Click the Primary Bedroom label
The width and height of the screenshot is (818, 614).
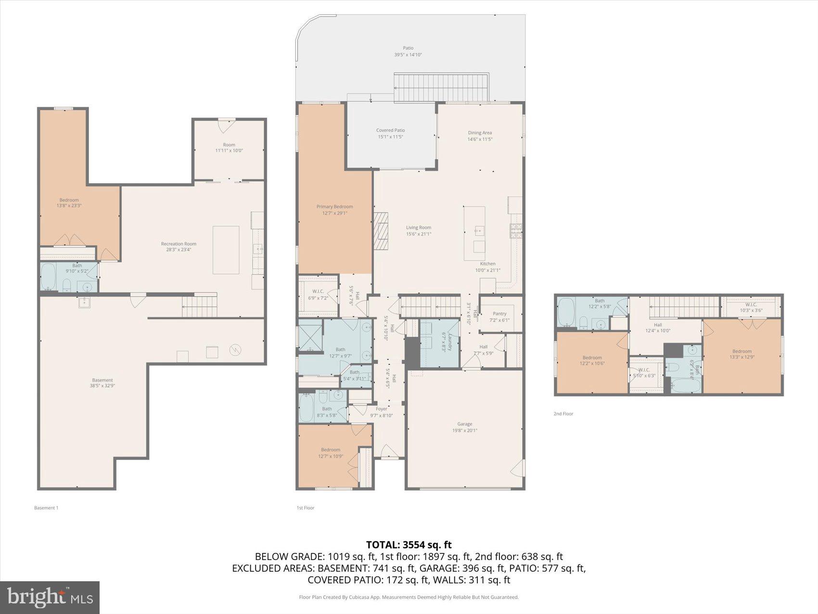pyautogui.click(x=334, y=207)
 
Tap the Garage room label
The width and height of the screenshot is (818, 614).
pyautogui.click(x=465, y=424)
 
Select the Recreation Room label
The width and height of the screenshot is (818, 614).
pyautogui.click(x=179, y=244)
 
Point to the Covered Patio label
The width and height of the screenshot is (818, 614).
pyautogui.click(x=390, y=131)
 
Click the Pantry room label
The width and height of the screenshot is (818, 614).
pyautogui.click(x=499, y=314)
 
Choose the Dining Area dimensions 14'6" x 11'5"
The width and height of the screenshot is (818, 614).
pyautogui.click(x=480, y=139)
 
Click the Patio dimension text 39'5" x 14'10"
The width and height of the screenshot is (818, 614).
pyautogui.click(x=408, y=55)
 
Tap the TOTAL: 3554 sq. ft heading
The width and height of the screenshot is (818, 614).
pyautogui.click(x=409, y=545)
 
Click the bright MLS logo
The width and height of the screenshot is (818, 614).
pyautogui.click(x=50, y=597)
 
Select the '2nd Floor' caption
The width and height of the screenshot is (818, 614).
pyautogui.click(x=563, y=414)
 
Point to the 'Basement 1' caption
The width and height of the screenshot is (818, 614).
pyautogui.click(x=46, y=508)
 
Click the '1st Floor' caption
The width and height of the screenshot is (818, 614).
pyautogui.click(x=306, y=508)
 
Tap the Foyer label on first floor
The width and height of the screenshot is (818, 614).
pyautogui.click(x=382, y=409)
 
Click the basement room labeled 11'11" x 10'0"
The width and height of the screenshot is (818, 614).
pyautogui.click(x=229, y=147)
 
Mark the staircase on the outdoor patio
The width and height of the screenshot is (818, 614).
pyautogui.click(x=441, y=88)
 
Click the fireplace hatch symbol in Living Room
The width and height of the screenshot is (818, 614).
pyautogui.click(x=381, y=231)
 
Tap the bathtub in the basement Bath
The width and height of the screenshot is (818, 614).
pyautogui.click(x=48, y=277)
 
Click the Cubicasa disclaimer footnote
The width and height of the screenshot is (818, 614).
pyautogui.click(x=409, y=597)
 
